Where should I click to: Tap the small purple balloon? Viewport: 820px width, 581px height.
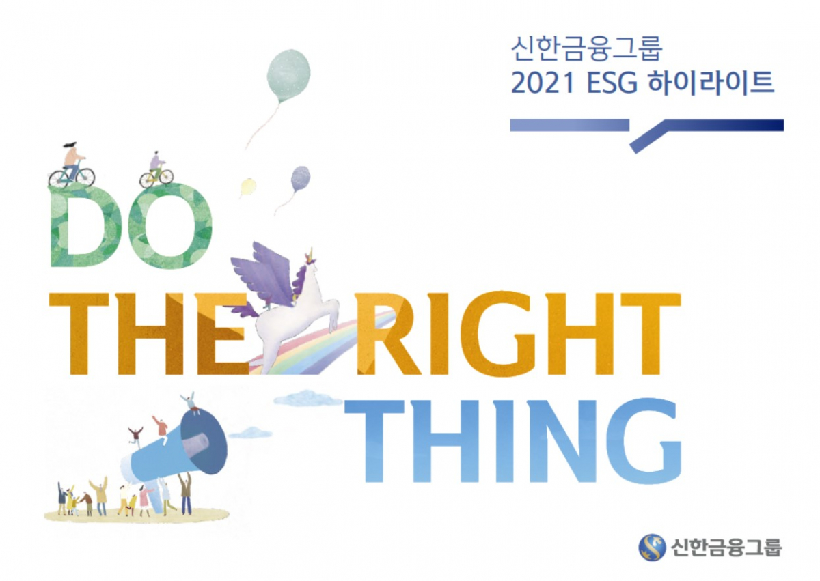[300, 179]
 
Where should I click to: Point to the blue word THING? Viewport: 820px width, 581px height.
[512, 440]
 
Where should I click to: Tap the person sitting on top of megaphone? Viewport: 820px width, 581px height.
[189, 401]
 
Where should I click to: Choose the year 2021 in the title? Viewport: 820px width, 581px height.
[537, 83]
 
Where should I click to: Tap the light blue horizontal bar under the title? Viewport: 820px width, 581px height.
[569, 125]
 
